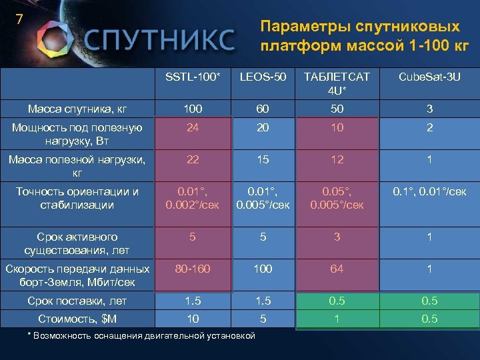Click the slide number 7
(x=19, y=19)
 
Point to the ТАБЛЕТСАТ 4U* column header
(x=337, y=84)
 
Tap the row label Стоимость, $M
(x=70, y=319)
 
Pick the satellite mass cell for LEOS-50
(x=263, y=109)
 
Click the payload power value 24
(x=193, y=128)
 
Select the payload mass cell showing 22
(x=193, y=160)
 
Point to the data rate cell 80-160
(x=193, y=269)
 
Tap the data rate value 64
(x=337, y=269)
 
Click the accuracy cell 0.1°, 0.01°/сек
(x=429, y=192)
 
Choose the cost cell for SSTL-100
(x=193, y=319)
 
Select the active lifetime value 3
(x=337, y=237)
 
